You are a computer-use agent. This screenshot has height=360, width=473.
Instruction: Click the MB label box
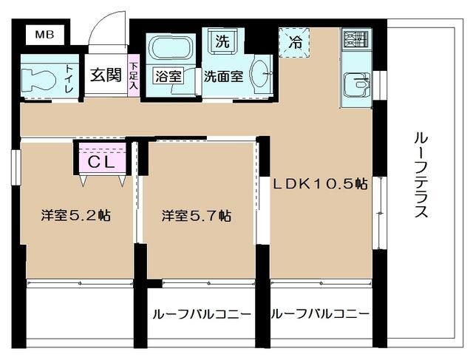40,34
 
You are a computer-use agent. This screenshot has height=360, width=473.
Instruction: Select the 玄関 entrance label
106,75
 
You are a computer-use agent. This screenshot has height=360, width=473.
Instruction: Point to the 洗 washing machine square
221,41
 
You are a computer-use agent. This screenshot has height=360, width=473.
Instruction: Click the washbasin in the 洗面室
261,74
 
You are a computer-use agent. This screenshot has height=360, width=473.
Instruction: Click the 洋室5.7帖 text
197,216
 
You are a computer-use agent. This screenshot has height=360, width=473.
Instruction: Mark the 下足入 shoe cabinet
134,75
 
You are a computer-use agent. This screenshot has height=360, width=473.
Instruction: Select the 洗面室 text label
223,75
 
